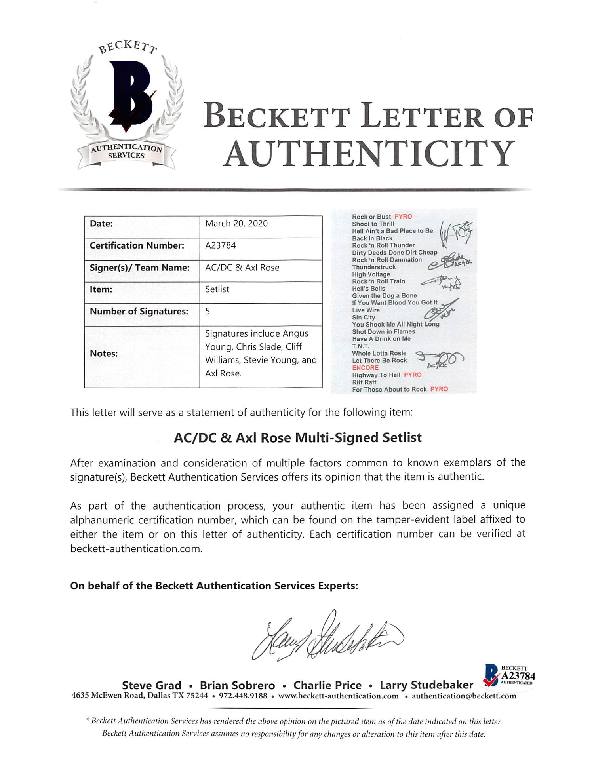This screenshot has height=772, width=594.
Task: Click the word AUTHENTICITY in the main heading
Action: [369, 154]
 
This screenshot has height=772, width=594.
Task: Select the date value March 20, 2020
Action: [236, 224]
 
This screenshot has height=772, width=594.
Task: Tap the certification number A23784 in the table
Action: [221, 245]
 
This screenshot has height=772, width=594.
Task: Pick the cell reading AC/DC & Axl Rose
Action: [242, 268]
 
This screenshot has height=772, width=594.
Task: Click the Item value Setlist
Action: [217, 289]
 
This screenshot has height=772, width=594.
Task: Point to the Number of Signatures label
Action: [139, 312]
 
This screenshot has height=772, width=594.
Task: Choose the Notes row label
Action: [104, 354]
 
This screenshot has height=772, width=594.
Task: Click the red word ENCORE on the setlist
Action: [365, 368]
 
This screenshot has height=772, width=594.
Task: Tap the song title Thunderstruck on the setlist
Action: [374, 267]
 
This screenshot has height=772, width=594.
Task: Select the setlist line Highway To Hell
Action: [376, 375]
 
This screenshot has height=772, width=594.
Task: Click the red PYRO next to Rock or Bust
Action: [403, 217]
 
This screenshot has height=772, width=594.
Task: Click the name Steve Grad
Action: [152, 685]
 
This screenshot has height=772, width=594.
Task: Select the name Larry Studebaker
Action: [426, 685]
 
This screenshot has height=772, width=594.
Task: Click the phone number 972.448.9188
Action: [243, 696]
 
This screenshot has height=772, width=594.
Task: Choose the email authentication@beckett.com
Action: [464, 696]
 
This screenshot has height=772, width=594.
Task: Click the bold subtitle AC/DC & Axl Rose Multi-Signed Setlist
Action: [298, 438]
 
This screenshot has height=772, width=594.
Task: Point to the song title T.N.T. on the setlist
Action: [360, 346]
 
